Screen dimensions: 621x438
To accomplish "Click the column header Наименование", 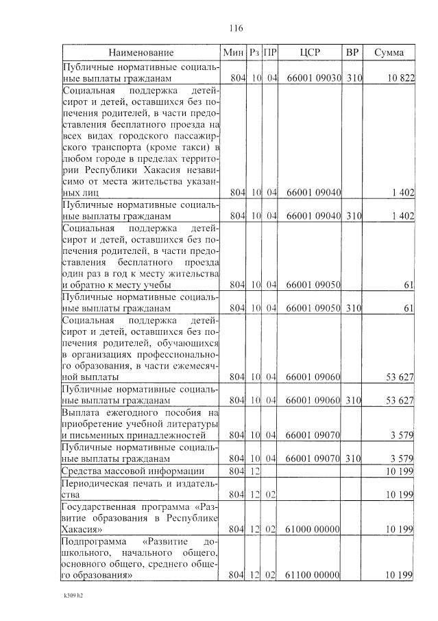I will [x=141, y=53].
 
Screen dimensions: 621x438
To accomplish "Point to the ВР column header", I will [x=352, y=53].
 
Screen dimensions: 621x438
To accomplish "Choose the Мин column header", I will [x=234, y=53].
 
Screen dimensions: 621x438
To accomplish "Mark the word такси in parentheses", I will [x=194, y=147].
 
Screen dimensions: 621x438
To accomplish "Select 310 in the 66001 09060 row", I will [x=353, y=399].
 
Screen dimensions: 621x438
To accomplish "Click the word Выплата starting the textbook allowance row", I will [x=82, y=412].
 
